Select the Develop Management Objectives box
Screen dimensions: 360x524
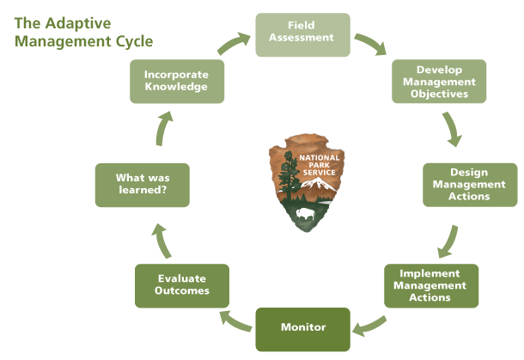pyautogui.click(x=439, y=81)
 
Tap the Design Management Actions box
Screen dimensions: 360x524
pyautogui.click(x=469, y=184)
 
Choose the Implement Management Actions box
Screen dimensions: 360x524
pyautogui.click(x=430, y=285)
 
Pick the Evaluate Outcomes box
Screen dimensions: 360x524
pyautogui.click(x=182, y=285)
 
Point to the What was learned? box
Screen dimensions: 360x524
pyautogui.click(x=141, y=184)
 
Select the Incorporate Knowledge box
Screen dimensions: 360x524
pyautogui.click(x=177, y=81)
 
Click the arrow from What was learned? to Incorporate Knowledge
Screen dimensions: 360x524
pyautogui.click(x=161, y=128)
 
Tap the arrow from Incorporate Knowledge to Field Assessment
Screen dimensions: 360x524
pyautogui.click(x=234, y=42)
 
